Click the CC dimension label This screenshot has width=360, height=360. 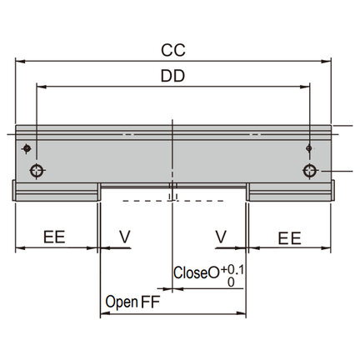173,50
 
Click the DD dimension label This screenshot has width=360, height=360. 172,76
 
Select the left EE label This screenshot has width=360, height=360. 54,237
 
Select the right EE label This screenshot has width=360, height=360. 290,238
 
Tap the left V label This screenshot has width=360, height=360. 125,237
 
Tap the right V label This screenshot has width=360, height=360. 221,237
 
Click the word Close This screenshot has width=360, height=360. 191,272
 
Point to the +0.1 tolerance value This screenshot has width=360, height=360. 232,270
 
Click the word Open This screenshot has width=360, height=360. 122,302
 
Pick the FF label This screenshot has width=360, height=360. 151,302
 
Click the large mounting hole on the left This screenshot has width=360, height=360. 37,171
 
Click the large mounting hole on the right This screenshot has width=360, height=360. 310,171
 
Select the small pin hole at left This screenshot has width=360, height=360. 27,148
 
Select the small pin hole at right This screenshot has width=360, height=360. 309,148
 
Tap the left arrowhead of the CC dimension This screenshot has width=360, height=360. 20,61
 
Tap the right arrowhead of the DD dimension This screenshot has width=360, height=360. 305,87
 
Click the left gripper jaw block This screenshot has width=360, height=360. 57,192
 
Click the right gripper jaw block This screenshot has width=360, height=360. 290,192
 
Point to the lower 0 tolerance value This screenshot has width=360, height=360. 231,282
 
